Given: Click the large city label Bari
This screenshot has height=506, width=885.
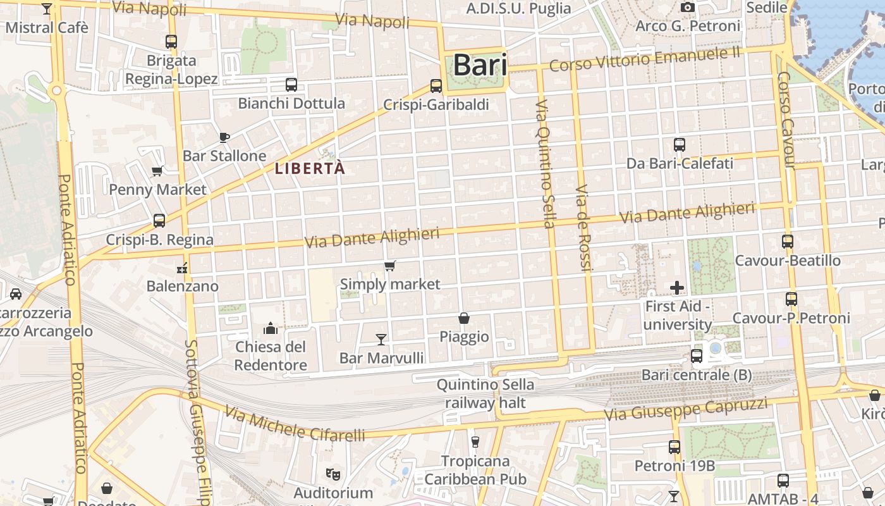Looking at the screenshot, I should pyautogui.click(x=480, y=65).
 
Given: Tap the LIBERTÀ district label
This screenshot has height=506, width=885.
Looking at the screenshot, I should pyautogui.click(x=310, y=168).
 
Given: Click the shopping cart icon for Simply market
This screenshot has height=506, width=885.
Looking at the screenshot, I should pyautogui.click(x=390, y=266).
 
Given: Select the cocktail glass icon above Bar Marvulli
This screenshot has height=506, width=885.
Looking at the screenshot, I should pyautogui.click(x=381, y=340).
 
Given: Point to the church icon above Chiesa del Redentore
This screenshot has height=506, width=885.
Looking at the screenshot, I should pyautogui.click(x=271, y=328).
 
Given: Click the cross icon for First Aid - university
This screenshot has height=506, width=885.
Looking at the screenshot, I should pyautogui.click(x=677, y=288).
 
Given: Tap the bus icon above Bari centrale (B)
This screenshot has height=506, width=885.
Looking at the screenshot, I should pyautogui.click(x=697, y=356).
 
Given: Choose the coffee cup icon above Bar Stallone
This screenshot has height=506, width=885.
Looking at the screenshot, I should pyautogui.click(x=224, y=137).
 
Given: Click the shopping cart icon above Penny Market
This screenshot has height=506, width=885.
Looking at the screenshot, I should pyautogui.click(x=157, y=171).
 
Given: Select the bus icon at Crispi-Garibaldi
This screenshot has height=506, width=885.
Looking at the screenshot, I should pyautogui.click(x=436, y=86).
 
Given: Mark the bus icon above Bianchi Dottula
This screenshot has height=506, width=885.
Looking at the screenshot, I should pyautogui.click(x=291, y=85).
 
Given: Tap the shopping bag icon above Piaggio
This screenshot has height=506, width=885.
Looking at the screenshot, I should pyautogui.click(x=464, y=318).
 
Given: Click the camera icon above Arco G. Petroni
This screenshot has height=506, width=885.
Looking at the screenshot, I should pyautogui.click(x=688, y=8).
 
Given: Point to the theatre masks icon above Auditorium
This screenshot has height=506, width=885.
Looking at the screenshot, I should pyautogui.click(x=332, y=474).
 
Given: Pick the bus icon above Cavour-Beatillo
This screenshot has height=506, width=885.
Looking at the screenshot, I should pyautogui.click(x=788, y=242).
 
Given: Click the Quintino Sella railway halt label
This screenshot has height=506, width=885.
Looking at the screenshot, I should pyautogui.click(x=485, y=393).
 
